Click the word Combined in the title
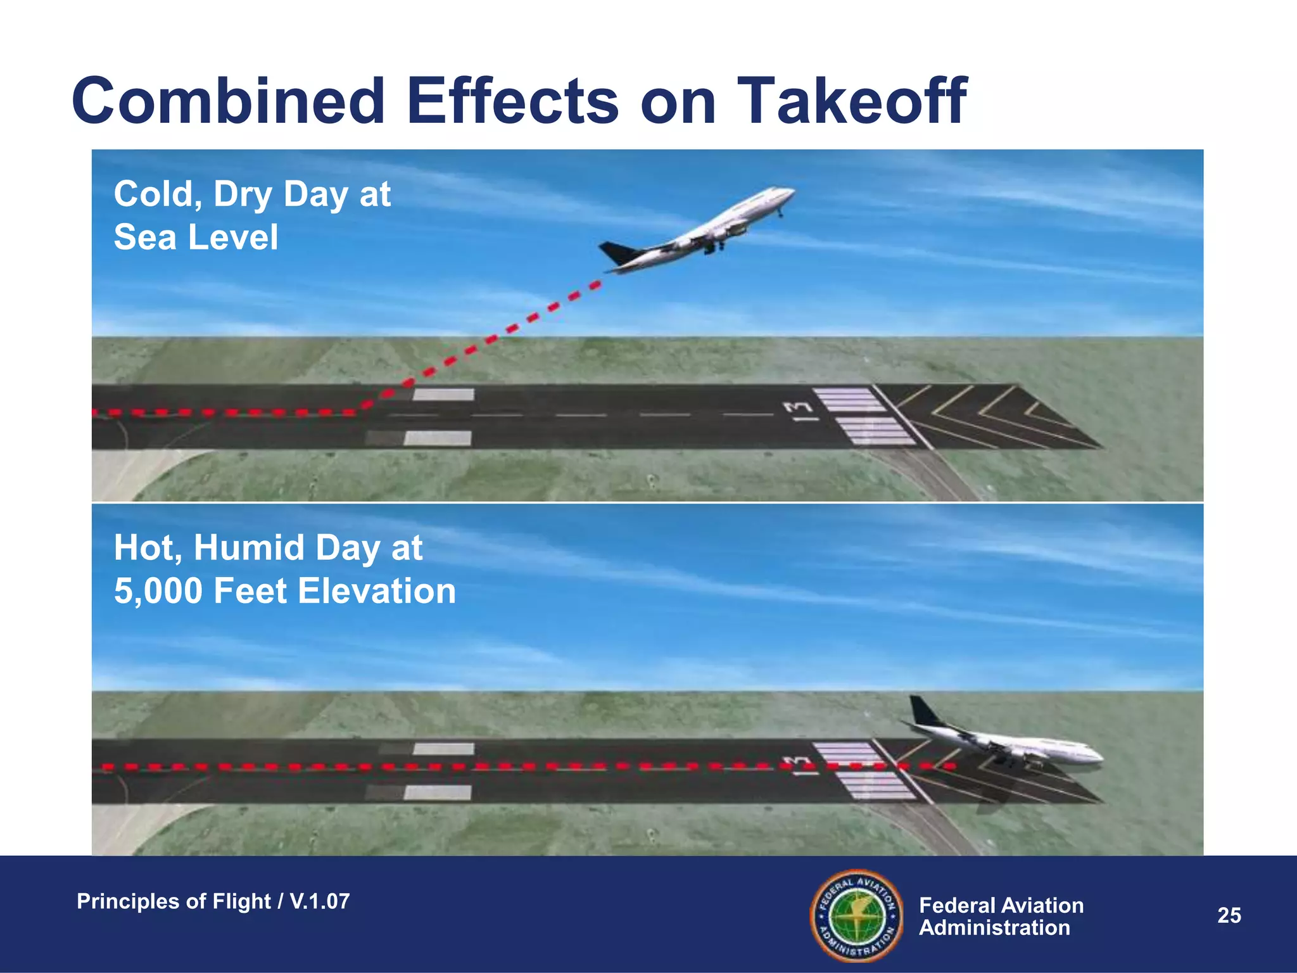pos(229,101)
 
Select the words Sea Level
pos(196,238)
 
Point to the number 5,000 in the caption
pos(158,591)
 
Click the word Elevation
pos(377,591)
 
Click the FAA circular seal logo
pos(856,915)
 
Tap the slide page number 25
pos(1229,915)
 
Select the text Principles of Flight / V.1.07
pos(213,901)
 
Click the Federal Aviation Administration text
pos(1001,917)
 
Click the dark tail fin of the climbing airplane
pos(616,253)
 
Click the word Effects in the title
pos(512,101)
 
